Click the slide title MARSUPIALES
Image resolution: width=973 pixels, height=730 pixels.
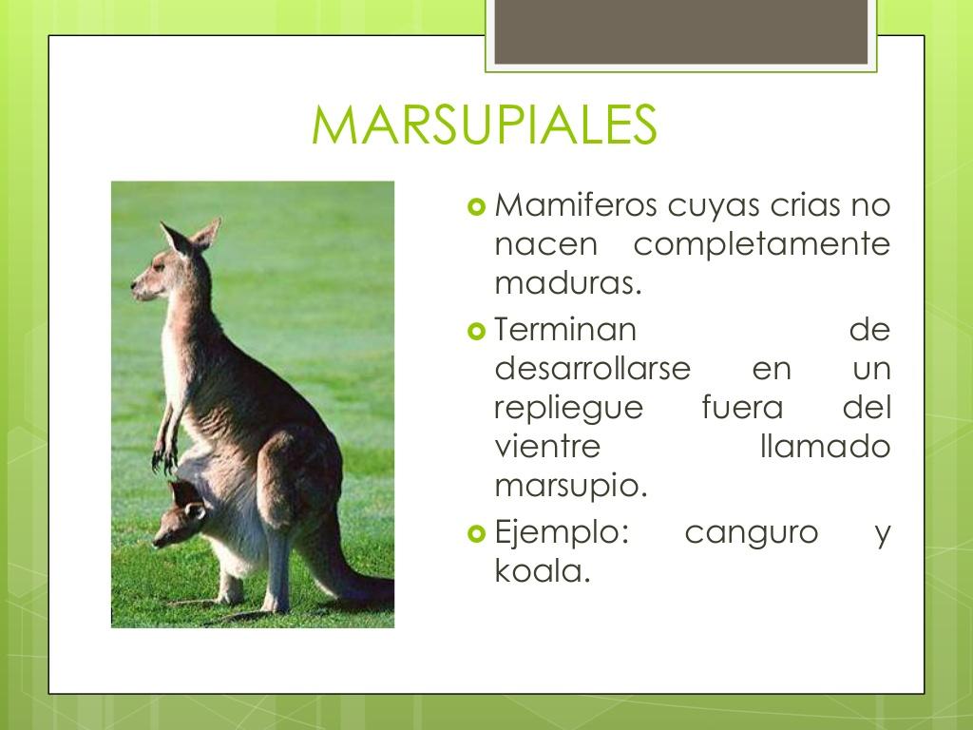(484, 125)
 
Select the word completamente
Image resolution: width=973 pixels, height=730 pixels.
(761, 244)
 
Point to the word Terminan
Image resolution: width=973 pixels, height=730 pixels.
(564, 330)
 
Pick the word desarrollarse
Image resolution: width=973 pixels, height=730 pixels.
(592, 369)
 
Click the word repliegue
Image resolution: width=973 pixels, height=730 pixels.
(568, 408)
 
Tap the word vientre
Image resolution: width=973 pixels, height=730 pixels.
(547, 447)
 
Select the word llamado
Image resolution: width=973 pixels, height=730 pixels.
(826, 447)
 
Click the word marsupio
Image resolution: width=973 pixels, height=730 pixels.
(570, 486)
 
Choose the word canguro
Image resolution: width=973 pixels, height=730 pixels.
(751, 532)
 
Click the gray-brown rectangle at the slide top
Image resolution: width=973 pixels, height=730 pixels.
(681, 31)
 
